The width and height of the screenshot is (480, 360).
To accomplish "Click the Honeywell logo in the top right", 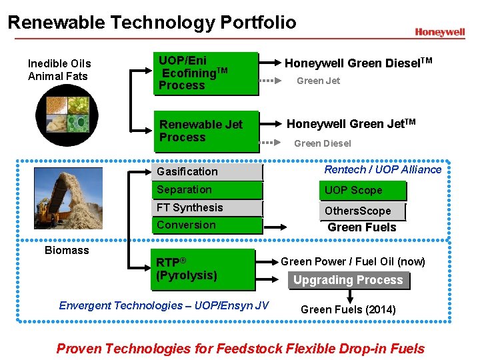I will [439, 32].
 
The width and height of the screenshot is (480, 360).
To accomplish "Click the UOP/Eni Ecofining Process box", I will [206, 73].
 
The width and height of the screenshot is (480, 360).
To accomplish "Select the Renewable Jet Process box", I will [206, 131].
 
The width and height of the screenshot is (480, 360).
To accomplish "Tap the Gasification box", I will [207, 172].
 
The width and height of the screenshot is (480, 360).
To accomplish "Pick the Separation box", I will [207, 190].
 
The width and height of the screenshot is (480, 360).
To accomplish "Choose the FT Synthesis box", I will [207, 208].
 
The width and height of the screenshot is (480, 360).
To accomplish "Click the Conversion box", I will [207, 225].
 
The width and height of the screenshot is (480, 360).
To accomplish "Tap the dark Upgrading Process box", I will [348, 280].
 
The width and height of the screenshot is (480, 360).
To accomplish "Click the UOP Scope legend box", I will [362, 191].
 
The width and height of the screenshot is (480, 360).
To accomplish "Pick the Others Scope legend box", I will [362, 211].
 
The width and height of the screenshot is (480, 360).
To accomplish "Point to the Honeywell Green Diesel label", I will [359, 63].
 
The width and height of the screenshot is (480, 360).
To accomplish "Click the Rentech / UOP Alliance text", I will [383, 169].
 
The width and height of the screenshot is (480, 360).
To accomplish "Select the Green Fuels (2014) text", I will [348, 309].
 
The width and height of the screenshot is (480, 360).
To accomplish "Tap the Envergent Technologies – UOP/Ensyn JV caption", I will [164, 305].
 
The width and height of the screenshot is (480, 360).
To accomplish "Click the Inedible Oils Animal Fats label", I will [59, 70].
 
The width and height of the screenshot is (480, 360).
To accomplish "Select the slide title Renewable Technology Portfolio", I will [152, 23].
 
